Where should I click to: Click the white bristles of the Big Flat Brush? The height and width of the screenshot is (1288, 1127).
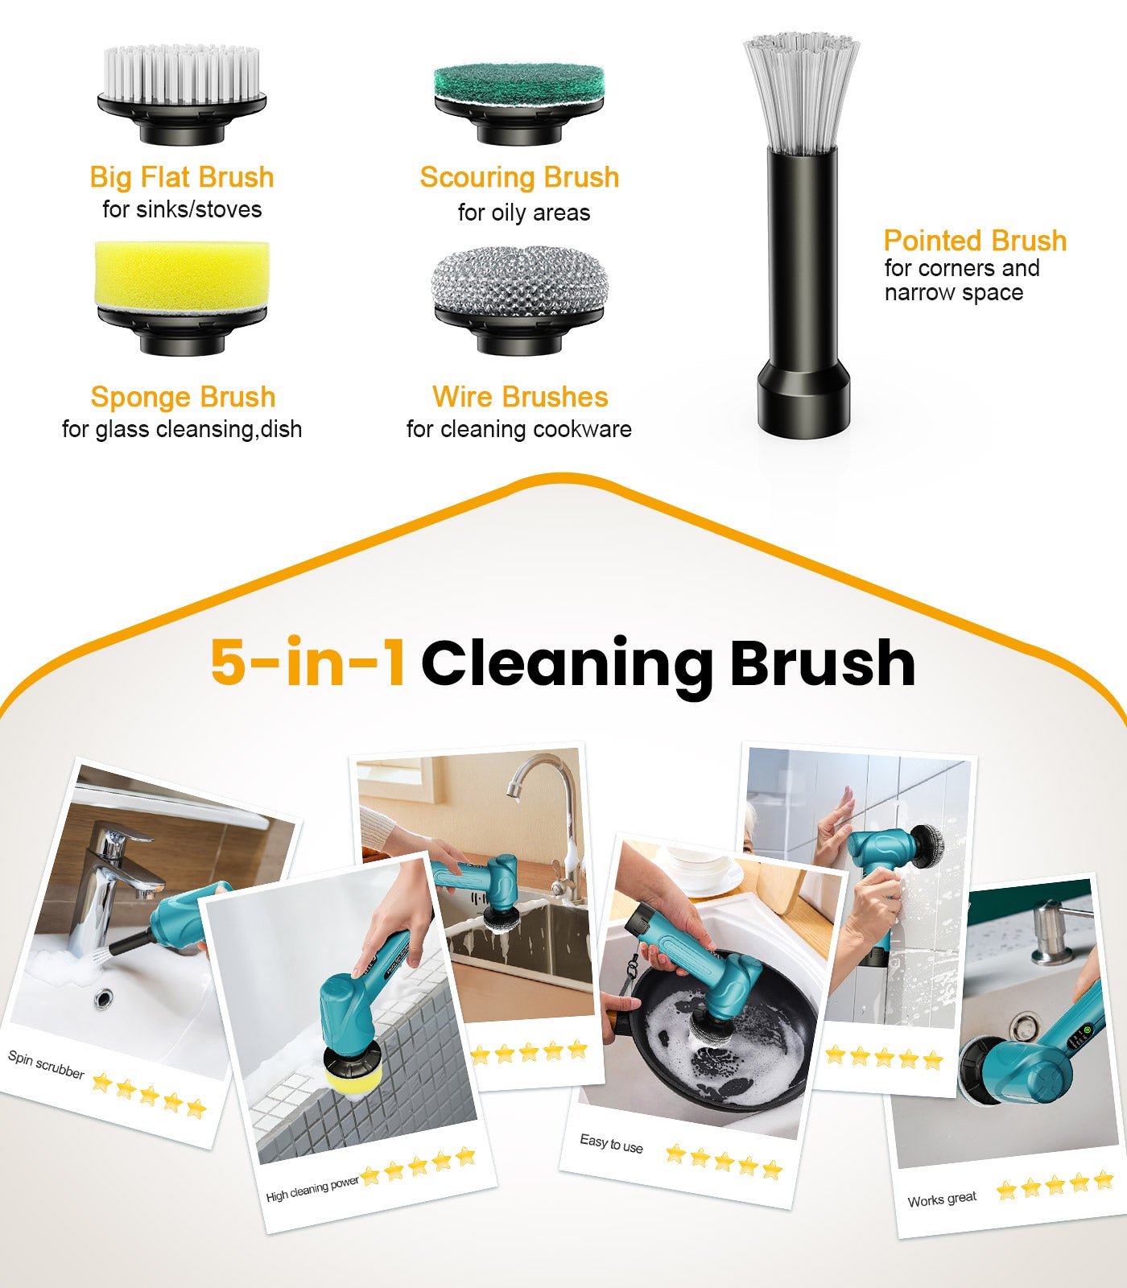pyautogui.click(x=181, y=74)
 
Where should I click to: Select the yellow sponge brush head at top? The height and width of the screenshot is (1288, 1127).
pyautogui.click(x=182, y=274)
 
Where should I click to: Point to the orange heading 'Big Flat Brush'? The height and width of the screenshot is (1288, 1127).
pyautogui.click(x=182, y=177)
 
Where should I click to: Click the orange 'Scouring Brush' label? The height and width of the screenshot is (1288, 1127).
pyautogui.click(x=519, y=177)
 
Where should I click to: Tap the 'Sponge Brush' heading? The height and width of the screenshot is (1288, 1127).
pyautogui.click(x=183, y=397)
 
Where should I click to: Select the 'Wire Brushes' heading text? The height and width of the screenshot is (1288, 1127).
pyautogui.click(x=520, y=397)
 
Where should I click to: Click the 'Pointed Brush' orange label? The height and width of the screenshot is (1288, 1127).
pyautogui.click(x=975, y=241)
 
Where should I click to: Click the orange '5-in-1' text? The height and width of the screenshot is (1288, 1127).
pyautogui.click(x=308, y=663)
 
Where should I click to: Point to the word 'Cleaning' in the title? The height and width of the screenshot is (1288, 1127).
pyautogui.click(x=567, y=664)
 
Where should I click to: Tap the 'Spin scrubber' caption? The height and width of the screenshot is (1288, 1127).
pyautogui.click(x=46, y=1064)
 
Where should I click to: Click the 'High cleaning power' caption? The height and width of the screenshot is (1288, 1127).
pyautogui.click(x=312, y=1189)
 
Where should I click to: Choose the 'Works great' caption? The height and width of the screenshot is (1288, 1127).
pyautogui.click(x=942, y=1199)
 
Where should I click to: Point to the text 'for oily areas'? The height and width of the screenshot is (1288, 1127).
pyautogui.click(x=523, y=213)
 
